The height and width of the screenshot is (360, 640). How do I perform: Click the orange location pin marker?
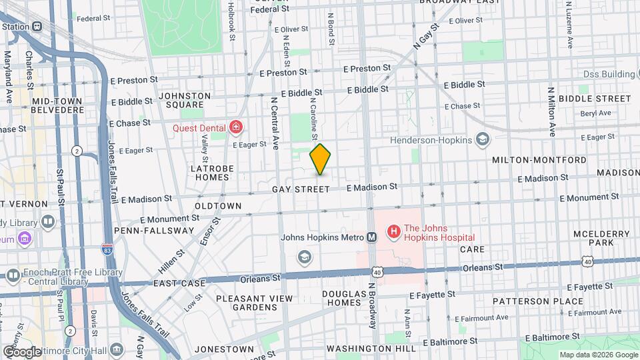[x=321, y=159]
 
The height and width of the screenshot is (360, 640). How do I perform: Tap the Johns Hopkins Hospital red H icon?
[x=393, y=232]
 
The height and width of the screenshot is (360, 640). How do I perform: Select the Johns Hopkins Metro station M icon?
[x=371, y=237]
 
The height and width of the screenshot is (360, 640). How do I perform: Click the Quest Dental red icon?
[x=235, y=127]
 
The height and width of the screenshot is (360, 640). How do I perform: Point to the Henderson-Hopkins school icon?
[x=483, y=139]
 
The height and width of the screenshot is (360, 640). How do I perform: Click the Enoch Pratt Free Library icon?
[x=13, y=275]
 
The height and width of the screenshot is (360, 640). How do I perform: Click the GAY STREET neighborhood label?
[x=301, y=189]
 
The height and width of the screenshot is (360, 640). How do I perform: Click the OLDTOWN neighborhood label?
[x=218, y=206]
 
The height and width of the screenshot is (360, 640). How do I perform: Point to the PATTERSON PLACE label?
[x=529, y=301]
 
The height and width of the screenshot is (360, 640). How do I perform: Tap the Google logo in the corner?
[x=22, y=351]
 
